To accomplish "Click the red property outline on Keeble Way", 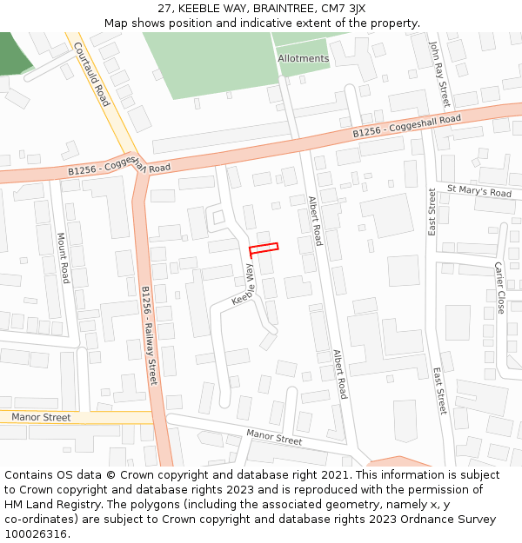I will [x=264, y=249].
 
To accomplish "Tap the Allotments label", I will [x=304, y=59].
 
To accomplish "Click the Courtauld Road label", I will [x=91, y=74].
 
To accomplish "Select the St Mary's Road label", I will [x=479, y=191].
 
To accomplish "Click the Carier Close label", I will [x=499, y=288].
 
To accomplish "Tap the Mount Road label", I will [x=63, y=257].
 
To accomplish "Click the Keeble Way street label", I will [x=244, y=285].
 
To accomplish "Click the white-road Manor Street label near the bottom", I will [x=274, y=436].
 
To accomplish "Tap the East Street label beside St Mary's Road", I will [x=432, y=212].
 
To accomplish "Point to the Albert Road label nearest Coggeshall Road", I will [x=315, y=221].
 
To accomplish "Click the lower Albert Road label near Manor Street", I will [x=339, y=374].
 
